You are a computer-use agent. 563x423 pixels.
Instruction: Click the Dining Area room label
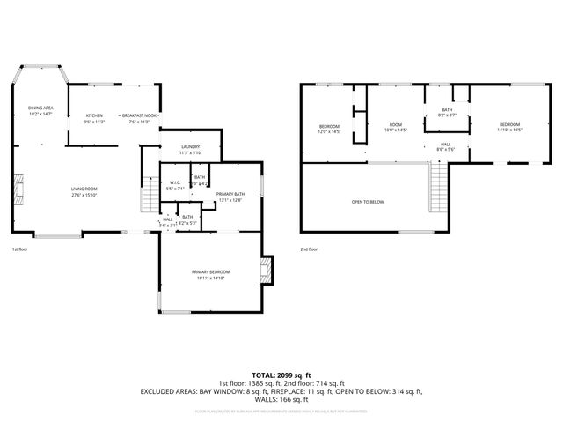[x=40, y=108]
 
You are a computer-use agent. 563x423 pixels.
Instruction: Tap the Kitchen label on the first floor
[x=94, y=116]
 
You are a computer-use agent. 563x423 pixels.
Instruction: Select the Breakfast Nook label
[x=140, y=116]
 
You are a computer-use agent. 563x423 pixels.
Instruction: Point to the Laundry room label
[x=190, y=147]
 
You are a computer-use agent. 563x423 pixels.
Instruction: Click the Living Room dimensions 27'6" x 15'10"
[x=84, y=195]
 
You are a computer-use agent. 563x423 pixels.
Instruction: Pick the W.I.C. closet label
[x=175, y=182]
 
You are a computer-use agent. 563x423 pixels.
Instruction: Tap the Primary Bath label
[x=230, y=194]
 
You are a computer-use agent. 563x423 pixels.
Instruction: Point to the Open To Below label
[x=368, y=202]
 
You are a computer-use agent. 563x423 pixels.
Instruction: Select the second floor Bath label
[x=447, y=110]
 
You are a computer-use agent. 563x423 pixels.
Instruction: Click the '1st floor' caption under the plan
[x=21, y=249]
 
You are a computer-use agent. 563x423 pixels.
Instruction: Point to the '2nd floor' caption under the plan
[x=309, y=249]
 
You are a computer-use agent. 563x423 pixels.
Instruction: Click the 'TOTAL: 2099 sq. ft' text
[x=281, y=375]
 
